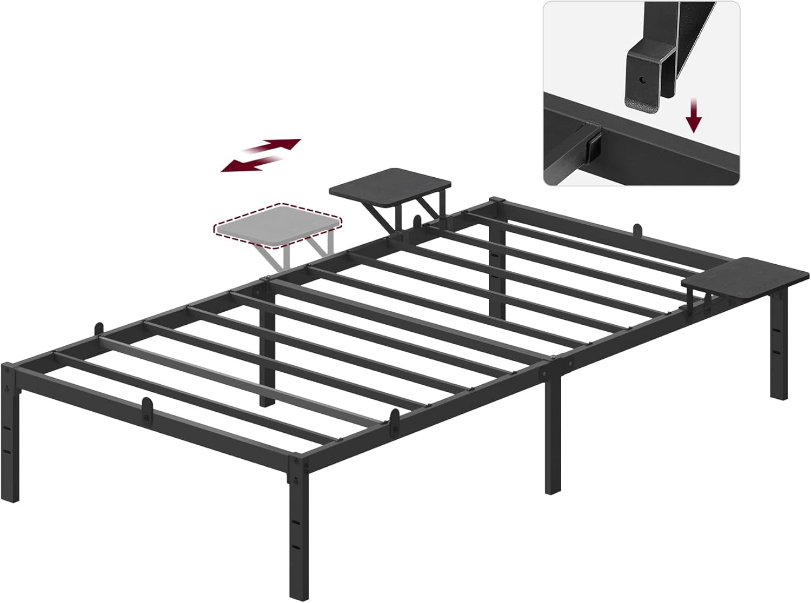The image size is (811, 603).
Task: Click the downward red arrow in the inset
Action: coord(695,117)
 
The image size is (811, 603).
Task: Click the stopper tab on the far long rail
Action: coord(638,231)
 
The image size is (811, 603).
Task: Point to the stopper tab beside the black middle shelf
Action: coord(417,223)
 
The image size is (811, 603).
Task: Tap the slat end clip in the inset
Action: coord(594,143)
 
